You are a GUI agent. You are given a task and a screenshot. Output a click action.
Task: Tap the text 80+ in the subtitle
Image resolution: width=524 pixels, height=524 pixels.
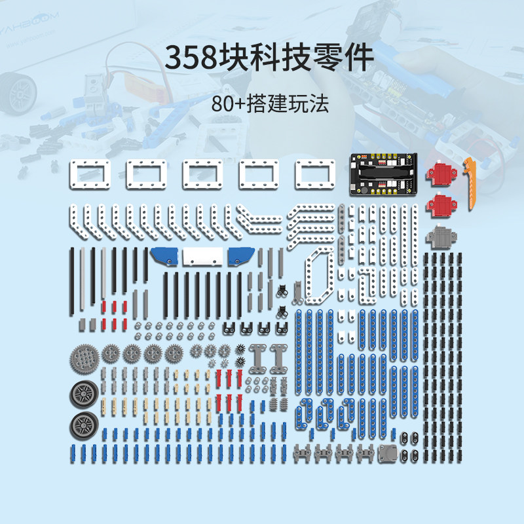(x=227, y=104)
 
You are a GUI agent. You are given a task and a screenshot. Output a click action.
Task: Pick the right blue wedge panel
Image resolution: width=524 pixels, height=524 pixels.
(x=241, y=256)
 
